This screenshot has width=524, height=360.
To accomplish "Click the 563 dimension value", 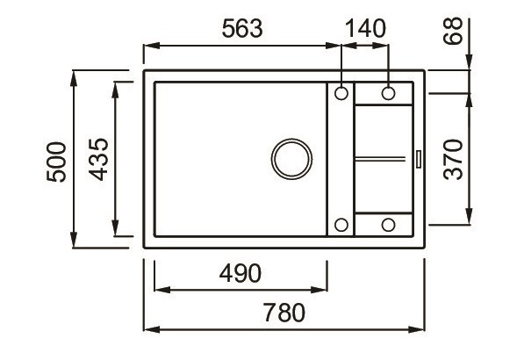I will pos(240,28).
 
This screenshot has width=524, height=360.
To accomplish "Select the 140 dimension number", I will pos(365,28).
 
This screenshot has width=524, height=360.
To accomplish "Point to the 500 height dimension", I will pos(55,161).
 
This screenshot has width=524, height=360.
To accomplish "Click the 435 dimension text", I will pos(98,160).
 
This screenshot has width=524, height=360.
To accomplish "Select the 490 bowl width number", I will pos(240,274).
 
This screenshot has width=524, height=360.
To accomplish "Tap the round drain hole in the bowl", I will pos(291,159).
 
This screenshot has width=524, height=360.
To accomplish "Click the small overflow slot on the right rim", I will pos(418,159).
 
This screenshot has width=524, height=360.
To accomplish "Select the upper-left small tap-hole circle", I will pos(341,92).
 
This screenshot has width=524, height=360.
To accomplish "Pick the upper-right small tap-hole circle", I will pos(387,92).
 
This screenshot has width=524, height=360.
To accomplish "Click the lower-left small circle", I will pos(341,225).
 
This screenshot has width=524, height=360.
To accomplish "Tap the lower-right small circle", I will pos(387,225).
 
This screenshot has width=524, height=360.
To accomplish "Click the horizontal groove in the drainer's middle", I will pos(382,159).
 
